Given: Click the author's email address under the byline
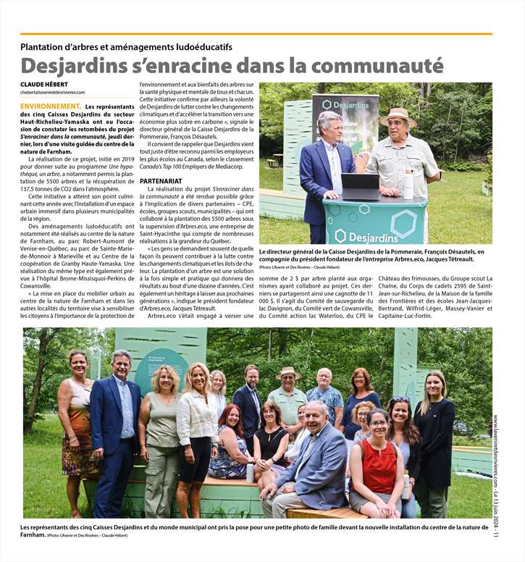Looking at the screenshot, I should [53, 93].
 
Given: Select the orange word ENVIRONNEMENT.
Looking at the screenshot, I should [51, 106].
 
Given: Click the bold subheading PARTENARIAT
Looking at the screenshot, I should [161, 180].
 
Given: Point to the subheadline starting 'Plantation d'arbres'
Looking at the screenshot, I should [126, 47].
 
